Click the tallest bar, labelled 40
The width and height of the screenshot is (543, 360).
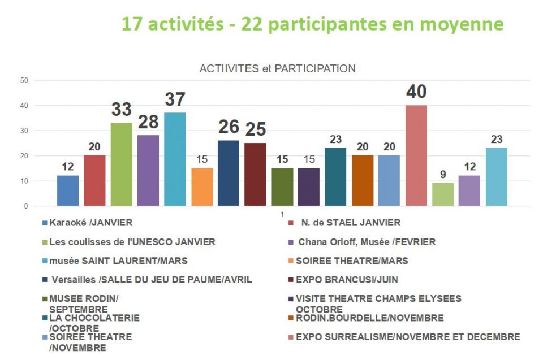click(416, 155)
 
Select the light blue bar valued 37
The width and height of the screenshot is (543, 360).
click(175, 159)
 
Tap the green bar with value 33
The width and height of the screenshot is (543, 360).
click(121, 164)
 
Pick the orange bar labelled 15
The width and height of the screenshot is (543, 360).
click(202, 187)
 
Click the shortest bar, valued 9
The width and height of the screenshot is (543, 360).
click(443, 194)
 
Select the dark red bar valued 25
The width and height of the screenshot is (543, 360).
click(255, 175)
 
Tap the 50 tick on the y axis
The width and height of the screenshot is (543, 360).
click(24, 80)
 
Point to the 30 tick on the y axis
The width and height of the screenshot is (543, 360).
click(24, 131)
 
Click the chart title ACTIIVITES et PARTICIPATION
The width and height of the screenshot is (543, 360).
click(277, 68)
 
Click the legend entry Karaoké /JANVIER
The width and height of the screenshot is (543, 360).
click(90, 223)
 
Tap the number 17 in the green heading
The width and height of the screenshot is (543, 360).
click(131, 24)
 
